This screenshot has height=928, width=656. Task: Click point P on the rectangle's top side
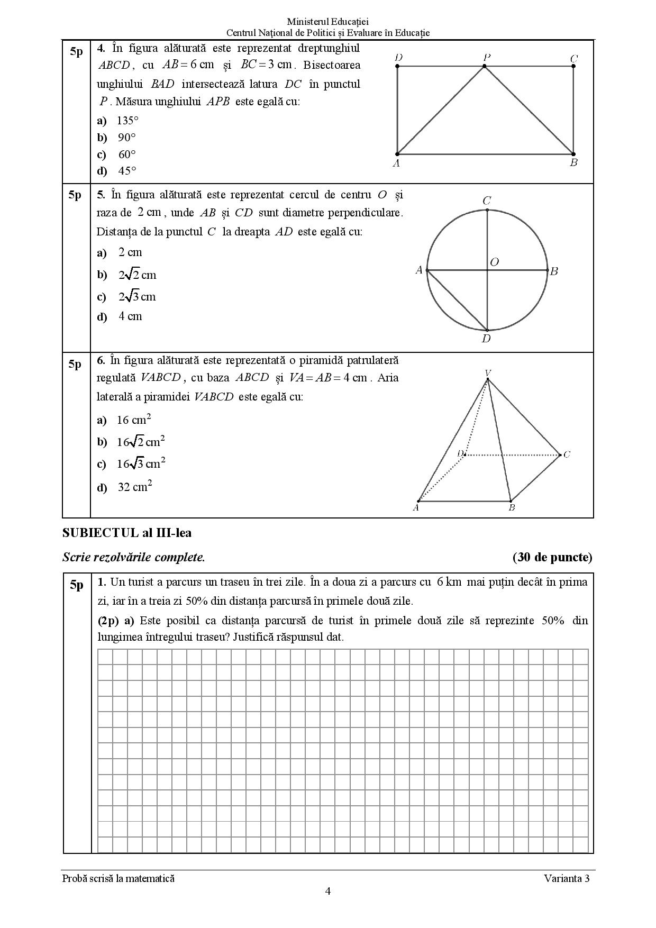(484, 66)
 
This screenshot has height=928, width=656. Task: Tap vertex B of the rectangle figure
(573, 154)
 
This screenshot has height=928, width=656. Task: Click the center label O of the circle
(494, 262)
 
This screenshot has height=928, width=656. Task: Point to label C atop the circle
(487, 201)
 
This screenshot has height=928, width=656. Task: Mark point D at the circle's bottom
(487, 331)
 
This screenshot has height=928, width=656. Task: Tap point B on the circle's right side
(548, 270)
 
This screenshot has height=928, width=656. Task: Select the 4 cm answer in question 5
(130, 316)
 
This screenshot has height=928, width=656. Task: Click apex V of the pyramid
(488, 379)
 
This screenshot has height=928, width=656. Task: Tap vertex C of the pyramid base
(560, 454)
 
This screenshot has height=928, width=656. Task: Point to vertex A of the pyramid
(418, 501)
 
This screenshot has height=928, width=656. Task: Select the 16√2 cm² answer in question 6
(141, 442)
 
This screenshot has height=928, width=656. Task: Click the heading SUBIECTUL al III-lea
(127, 533)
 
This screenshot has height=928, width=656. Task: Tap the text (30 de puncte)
(552, 557)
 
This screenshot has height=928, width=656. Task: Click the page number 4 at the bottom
(328, 891)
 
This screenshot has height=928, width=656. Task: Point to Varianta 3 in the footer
(566, 879)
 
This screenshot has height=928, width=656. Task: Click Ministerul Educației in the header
(327, 22)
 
